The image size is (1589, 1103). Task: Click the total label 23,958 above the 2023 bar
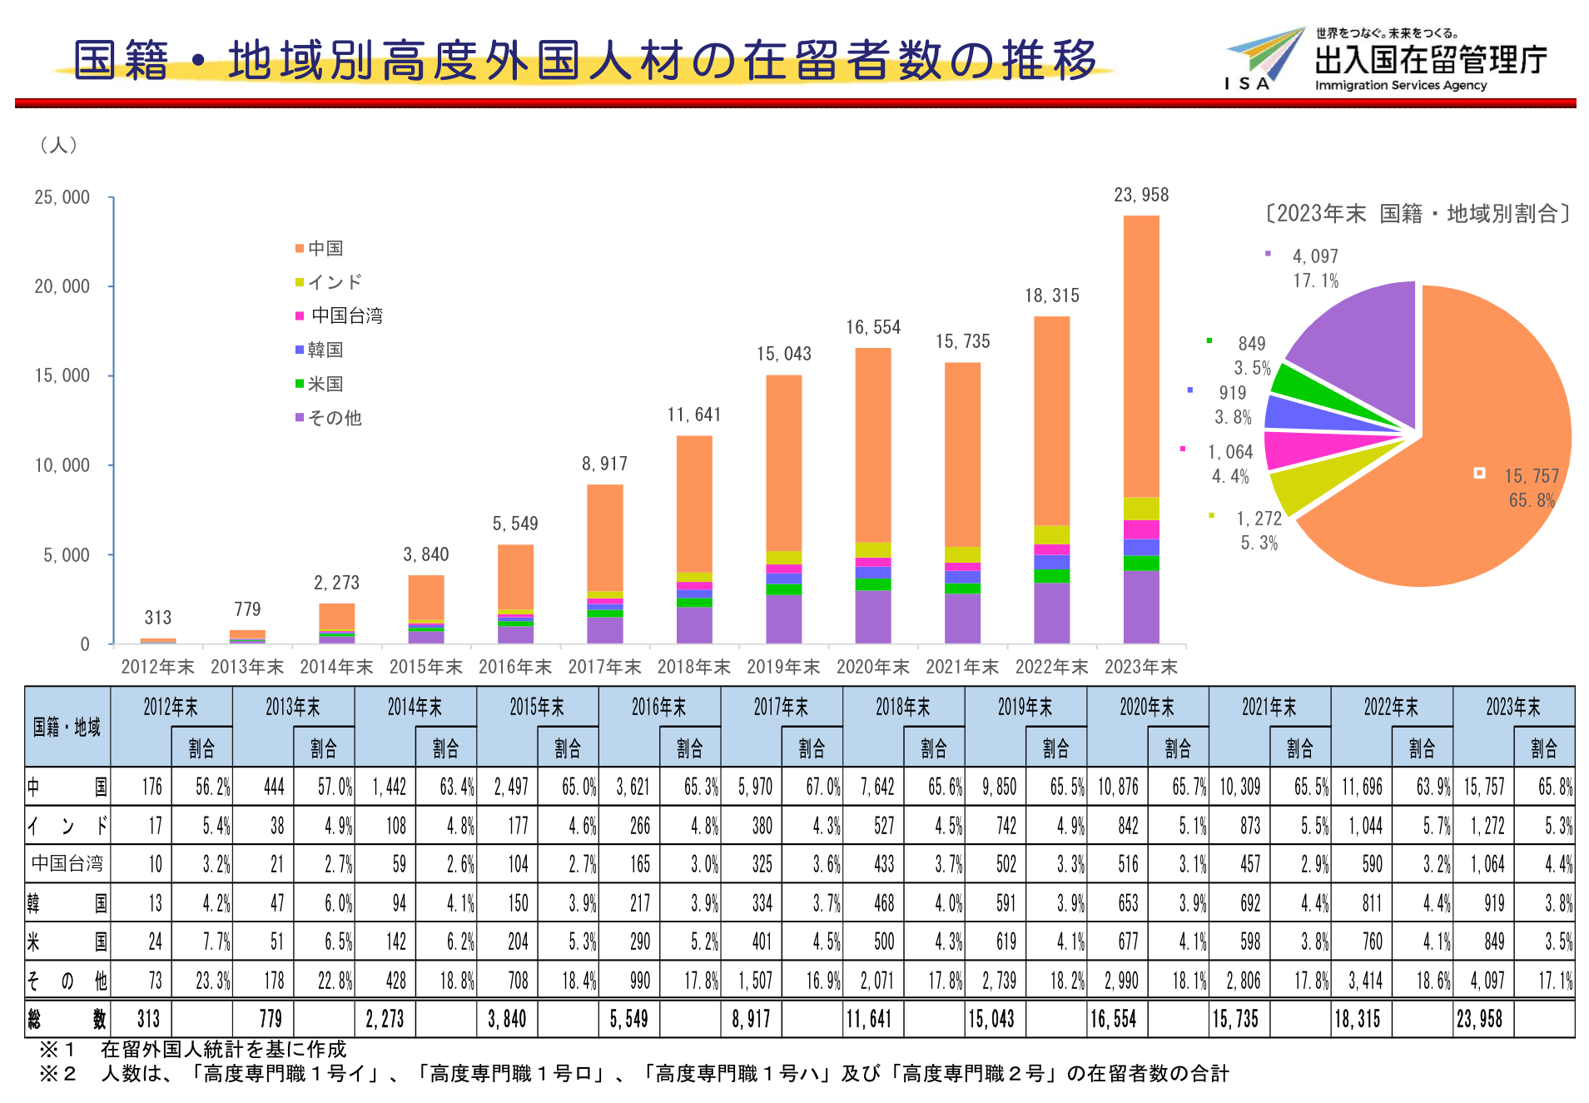coord(1141,195)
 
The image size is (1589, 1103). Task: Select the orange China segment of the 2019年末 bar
coord(783,462)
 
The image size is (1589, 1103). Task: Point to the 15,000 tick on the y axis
coord(62,375)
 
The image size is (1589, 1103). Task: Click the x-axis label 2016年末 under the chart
coord(515,667)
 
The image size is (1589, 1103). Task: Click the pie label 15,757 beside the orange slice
coord(1531,476)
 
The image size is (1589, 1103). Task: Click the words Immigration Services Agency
coord(1400,85)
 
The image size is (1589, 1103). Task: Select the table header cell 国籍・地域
coord(67,727)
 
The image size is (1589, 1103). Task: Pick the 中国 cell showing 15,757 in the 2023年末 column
coord(1483,787)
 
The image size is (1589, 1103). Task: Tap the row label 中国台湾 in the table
coord(67,864)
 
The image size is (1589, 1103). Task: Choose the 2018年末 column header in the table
coord(902,708)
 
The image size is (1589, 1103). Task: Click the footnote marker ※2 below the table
coord(57,1074)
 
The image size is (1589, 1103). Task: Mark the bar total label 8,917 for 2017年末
coord(604,464)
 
